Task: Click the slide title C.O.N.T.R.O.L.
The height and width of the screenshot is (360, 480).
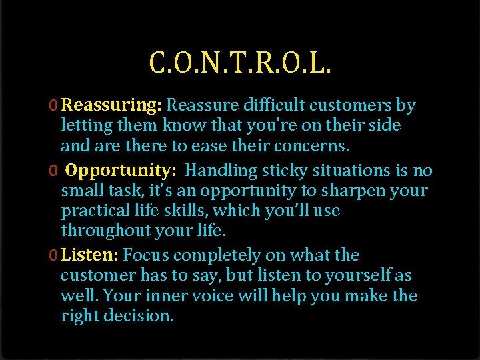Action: pyautogui.click(x=241, y=63)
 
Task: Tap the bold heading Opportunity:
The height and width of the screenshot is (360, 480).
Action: pyautogui.click(x=121, y=171)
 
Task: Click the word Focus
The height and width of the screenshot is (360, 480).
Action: pyautogui.click(x=146, y=255)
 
